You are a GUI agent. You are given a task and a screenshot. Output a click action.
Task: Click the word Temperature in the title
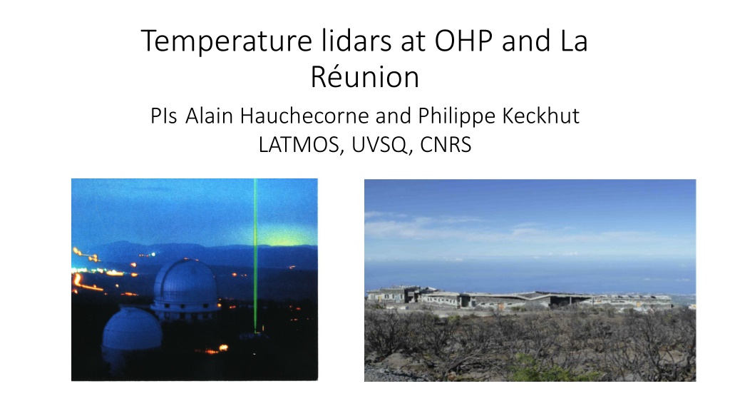[x=226, y=41]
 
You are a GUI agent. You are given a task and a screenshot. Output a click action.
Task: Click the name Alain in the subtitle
[x=209, y=116]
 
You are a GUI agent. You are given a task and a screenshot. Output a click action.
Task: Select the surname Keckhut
[x=541, y=116]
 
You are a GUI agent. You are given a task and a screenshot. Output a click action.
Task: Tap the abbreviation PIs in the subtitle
[x=163, y=116]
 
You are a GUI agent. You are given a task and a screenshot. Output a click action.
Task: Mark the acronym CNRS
[x=446, y=144]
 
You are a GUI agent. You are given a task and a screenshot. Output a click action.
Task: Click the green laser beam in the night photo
[x=256, y=255]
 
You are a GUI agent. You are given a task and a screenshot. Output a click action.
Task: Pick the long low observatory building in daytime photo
[x=519, y=299]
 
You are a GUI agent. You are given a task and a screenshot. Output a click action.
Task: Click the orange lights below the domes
[x=215, y=349]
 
